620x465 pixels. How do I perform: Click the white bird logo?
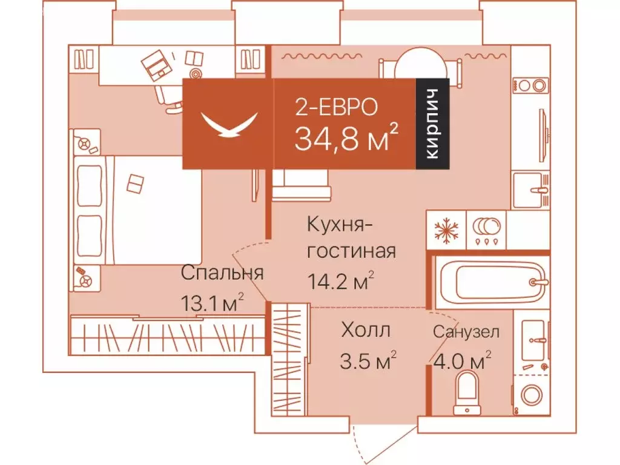(228, 124)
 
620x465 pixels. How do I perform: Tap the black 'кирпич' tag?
(432, 124)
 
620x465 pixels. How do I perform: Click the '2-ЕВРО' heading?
(336, 107)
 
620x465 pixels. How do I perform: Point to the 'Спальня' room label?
(222, 272)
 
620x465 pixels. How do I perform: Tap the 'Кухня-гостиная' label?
(351, 237)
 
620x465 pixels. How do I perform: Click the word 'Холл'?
(365, 330)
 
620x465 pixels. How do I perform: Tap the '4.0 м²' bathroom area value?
(461, 361)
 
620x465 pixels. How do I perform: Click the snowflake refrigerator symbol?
(447, 229)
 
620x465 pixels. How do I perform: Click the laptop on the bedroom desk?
(157, 64)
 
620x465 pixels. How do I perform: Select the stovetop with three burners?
(487, 229)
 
